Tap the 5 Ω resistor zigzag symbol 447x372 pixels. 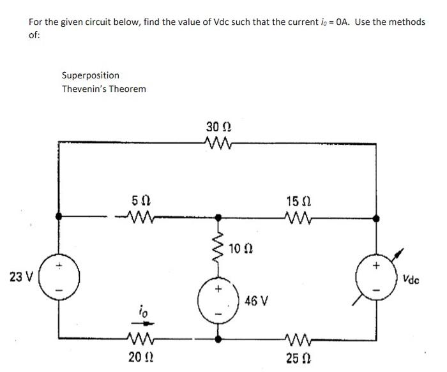pyautogui.click(x=141, y=218)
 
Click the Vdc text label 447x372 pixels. pyautogui.click(x=412, y=279)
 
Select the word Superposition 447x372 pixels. pyautogui.click(x=90, y=75)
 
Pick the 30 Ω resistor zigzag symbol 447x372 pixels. pyautogui.click(x=221, y=142)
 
